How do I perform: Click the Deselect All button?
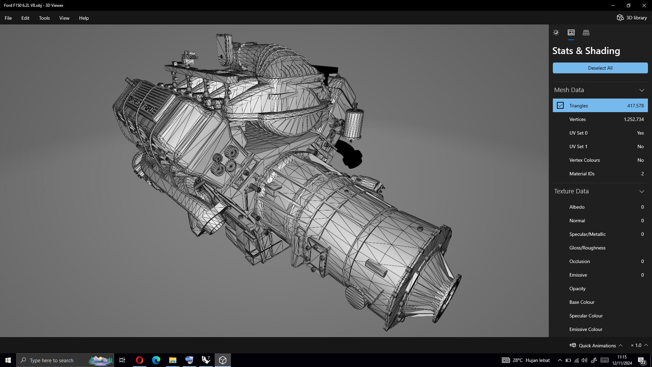pos(600,68)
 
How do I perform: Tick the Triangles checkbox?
pos(560,106)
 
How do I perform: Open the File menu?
pos(8,18)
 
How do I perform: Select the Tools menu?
pos(44,18)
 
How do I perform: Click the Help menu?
pos(84,18)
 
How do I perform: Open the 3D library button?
pos(632,18)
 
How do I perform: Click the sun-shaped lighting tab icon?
pos(556,33)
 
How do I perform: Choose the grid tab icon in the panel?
pos(586,33)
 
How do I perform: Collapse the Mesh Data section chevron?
pos(641,90)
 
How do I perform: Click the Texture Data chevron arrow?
pos(641,191)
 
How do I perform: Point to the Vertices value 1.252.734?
pos(634,119)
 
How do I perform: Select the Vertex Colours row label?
pos(584,160)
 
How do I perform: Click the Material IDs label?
pos(582,174)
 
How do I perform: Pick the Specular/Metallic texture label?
pos(587,234)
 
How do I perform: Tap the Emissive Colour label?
pos(586,329)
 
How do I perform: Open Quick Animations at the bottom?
pos(597,345)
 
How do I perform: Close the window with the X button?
pos(644,5)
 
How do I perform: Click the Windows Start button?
pos(8,360)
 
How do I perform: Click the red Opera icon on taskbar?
pos(139,360)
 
